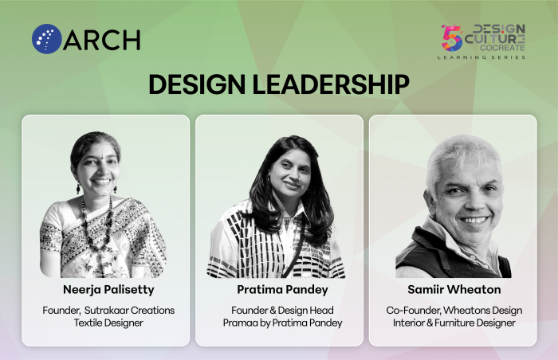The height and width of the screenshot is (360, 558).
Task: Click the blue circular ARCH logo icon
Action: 46,39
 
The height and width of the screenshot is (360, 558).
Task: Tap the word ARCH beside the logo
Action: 102,40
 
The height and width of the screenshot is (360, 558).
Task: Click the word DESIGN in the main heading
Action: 197,84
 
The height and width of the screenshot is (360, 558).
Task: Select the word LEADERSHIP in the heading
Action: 331,84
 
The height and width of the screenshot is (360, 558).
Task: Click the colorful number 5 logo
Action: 452,37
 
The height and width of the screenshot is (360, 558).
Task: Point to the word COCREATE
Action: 502,48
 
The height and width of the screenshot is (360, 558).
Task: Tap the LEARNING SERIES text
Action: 481,57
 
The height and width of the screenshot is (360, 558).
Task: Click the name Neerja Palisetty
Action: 108,290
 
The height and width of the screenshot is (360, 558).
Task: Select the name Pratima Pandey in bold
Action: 282,290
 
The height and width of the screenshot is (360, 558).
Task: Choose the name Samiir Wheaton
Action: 454,290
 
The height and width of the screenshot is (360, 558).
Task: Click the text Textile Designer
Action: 108,323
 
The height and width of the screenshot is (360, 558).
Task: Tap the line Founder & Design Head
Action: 282,311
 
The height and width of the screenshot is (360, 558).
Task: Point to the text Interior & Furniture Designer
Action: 454,323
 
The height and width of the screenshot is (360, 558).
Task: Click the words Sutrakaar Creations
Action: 129,311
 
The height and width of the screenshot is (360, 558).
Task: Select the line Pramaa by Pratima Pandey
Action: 282,323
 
